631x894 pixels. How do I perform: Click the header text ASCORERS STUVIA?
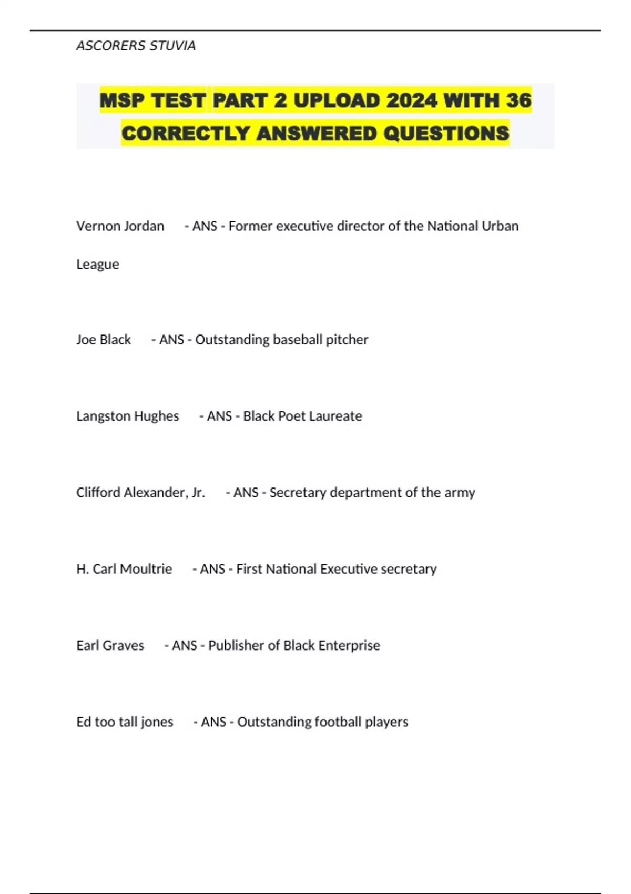point(136,46)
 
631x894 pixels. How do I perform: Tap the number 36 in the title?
point(518,100)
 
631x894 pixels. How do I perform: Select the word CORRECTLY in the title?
point(186,134)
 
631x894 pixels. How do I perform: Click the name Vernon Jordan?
point(120,226)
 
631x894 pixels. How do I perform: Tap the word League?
point(98,264)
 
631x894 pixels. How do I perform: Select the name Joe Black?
point(104,340)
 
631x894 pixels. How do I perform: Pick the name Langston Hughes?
point(127,416)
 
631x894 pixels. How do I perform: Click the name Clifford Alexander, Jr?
point(140,493)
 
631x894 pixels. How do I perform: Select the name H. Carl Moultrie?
point(124,569)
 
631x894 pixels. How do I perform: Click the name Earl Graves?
point(110,645)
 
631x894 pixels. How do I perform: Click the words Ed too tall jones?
point(125,722)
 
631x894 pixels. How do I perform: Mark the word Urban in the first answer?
point(500,226)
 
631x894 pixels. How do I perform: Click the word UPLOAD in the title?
point(337,100)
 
